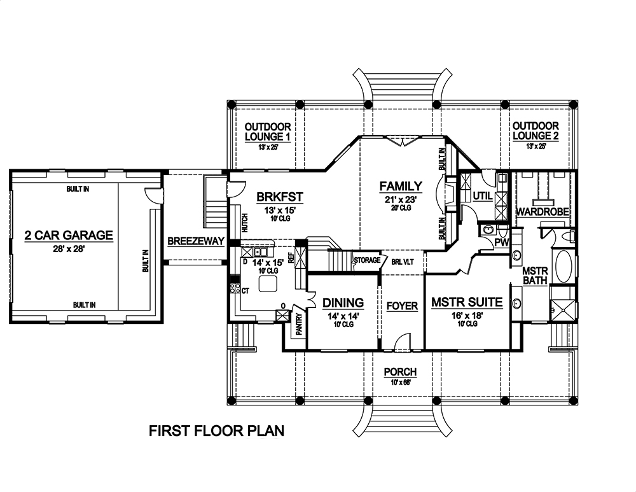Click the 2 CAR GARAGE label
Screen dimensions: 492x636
tap(68, 235)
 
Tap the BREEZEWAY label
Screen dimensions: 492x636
tap(197, 241)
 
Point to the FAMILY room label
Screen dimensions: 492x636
tap(401, 186)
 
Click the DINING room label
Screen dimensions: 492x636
tap(343, 303)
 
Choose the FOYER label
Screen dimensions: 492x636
tap(402, 306)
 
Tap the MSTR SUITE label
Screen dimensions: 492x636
tap(467, 302)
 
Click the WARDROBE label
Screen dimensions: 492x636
tap(541, 211)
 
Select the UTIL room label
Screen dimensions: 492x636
tap(482, 196)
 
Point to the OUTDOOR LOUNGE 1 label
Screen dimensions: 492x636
tap(268, 132)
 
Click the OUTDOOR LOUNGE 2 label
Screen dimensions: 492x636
tap(536, 132)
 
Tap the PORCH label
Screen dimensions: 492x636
tap(400, 372)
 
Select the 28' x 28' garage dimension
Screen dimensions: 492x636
tap(68, 248)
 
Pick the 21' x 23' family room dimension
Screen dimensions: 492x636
tap(401, 199)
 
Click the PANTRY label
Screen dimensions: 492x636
tap(298, 322)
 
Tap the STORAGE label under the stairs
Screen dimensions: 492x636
tap(367, 260)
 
